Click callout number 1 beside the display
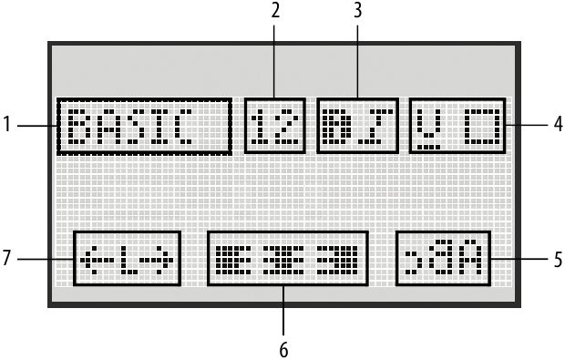[x=9, y=126]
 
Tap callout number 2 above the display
[x=275, y=12]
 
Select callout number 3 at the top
[x=356, y=12]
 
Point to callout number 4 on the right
[x=555, y=126]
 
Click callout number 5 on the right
[x=555, y=259]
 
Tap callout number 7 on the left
[x=9, y=260]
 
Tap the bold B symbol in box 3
[x=336, y=125]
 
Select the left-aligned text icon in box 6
[x=232, y=260]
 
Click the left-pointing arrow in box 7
[x=94, y=260]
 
